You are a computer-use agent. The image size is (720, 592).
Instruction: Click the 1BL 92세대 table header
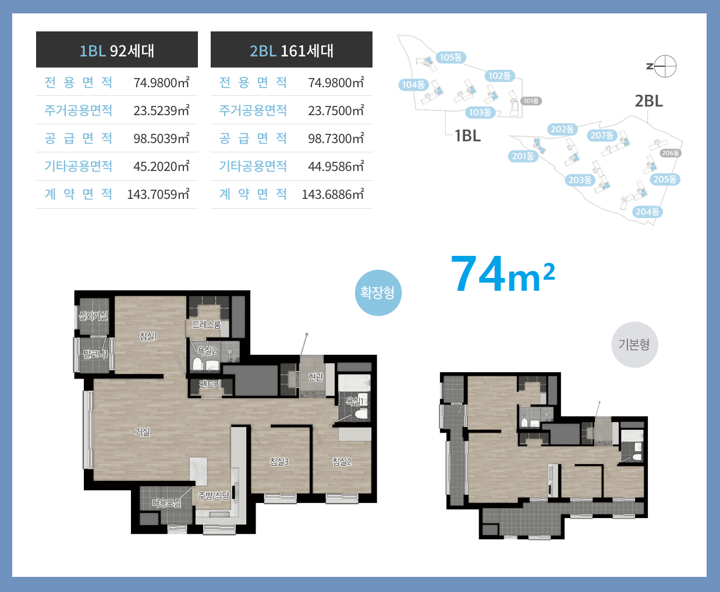(117, 49)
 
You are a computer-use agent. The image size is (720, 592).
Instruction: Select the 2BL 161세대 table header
(292, 49)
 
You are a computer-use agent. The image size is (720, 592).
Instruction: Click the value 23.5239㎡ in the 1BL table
(161, 110)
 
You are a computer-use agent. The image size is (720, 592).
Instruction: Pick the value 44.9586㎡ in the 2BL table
(336, 166)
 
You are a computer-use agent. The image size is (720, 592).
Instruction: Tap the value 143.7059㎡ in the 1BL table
(158, 194)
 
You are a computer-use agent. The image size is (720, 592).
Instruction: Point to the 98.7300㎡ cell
(336, 138)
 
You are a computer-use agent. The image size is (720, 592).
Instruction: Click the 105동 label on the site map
(451, 58)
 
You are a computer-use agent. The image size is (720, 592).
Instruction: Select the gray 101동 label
(531, 101)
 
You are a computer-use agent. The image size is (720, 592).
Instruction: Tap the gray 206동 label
(671, 153)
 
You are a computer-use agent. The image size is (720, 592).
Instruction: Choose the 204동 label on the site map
(647, 212)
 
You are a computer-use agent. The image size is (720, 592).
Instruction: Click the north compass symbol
(665, 66)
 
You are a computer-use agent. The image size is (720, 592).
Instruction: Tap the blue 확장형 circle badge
(378, 293)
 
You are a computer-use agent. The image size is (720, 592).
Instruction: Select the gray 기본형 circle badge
(634, 344)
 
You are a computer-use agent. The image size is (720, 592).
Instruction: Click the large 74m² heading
(503, 274)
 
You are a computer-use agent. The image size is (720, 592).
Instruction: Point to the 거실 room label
(143, 432)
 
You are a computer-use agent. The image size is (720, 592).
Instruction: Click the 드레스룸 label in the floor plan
(206, 324)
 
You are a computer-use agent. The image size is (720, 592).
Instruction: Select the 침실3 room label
(279, 461)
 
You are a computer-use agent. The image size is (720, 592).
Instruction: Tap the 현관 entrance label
(315, 377)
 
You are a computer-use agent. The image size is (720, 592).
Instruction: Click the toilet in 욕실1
(361, 414)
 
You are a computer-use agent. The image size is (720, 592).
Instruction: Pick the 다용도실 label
(166, 502)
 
